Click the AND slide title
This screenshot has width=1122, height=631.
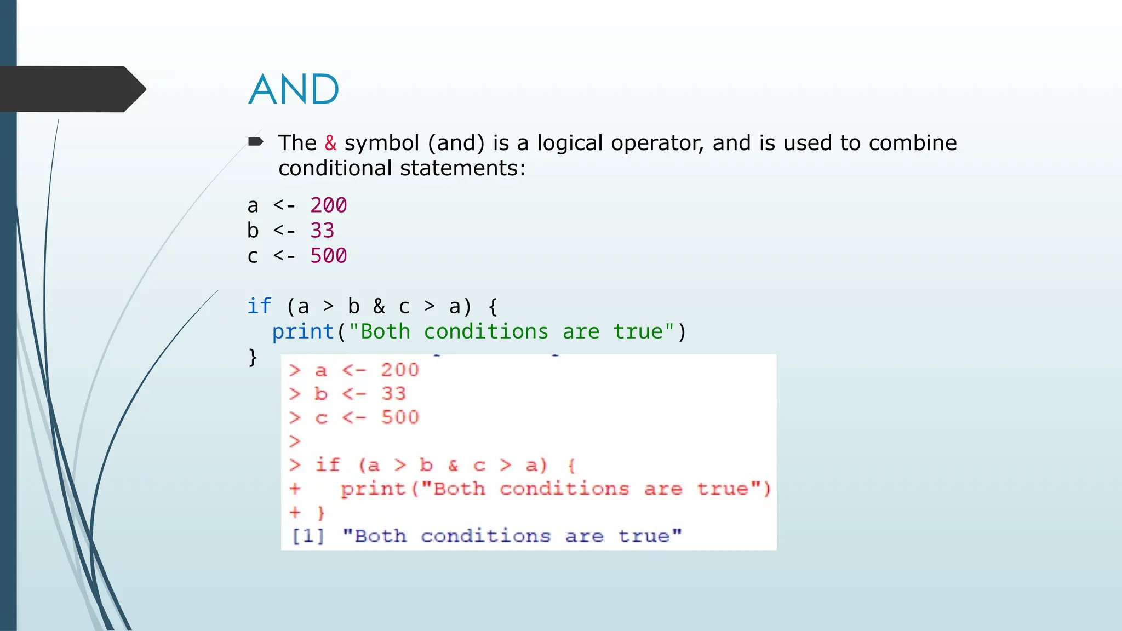(294, 89)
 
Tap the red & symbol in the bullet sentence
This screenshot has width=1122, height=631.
(330, 143)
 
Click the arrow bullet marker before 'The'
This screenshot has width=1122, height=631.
(255, 142)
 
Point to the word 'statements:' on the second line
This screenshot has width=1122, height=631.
(463, 168)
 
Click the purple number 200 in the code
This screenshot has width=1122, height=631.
(329, 205)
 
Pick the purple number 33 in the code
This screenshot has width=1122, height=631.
(322, 231)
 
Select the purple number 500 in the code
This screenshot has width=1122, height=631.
(329, 256)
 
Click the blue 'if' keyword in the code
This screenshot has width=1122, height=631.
(259, 306)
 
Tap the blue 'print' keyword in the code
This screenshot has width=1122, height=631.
(303, 331)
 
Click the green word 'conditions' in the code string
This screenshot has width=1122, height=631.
(486, 331)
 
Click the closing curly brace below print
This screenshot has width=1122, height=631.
(253, 357)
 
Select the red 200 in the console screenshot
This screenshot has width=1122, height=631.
(400, 370)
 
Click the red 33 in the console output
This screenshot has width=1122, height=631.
(393, 393)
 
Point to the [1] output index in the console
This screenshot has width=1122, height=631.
(308, 536)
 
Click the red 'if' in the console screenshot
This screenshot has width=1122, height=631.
(328, 464)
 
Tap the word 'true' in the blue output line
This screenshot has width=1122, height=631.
(644, 536)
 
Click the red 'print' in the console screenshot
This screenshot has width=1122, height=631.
(373, 488)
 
